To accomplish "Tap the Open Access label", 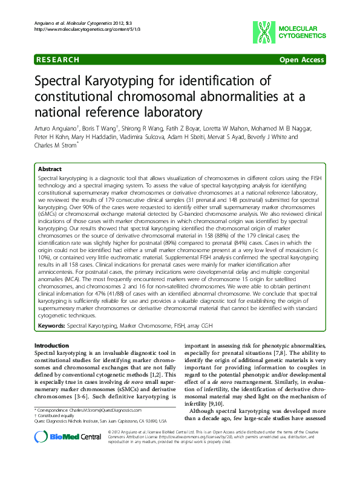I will point(301,60).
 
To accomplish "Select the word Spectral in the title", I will point(61,82).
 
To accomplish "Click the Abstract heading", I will point(50,169).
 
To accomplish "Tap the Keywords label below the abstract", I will point(51,325).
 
